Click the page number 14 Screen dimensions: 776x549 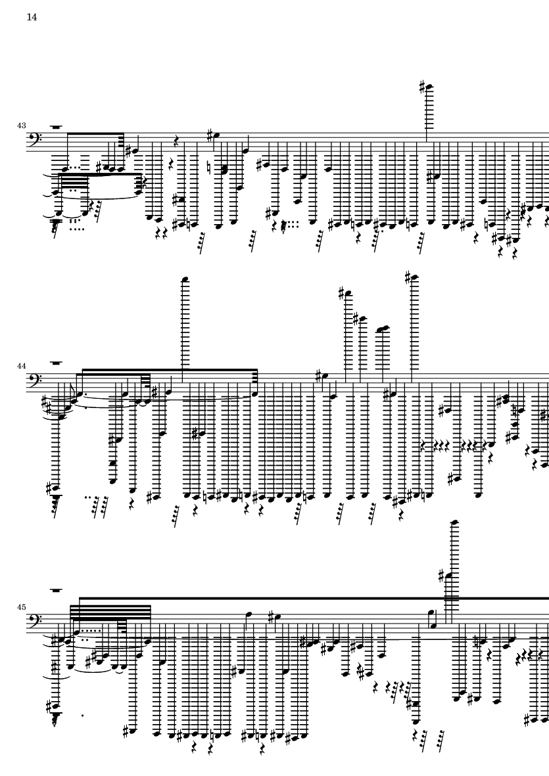pyautogui.click(x=32, y=18)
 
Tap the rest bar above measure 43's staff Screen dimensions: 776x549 pyautogui.click(x=57, y=126)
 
